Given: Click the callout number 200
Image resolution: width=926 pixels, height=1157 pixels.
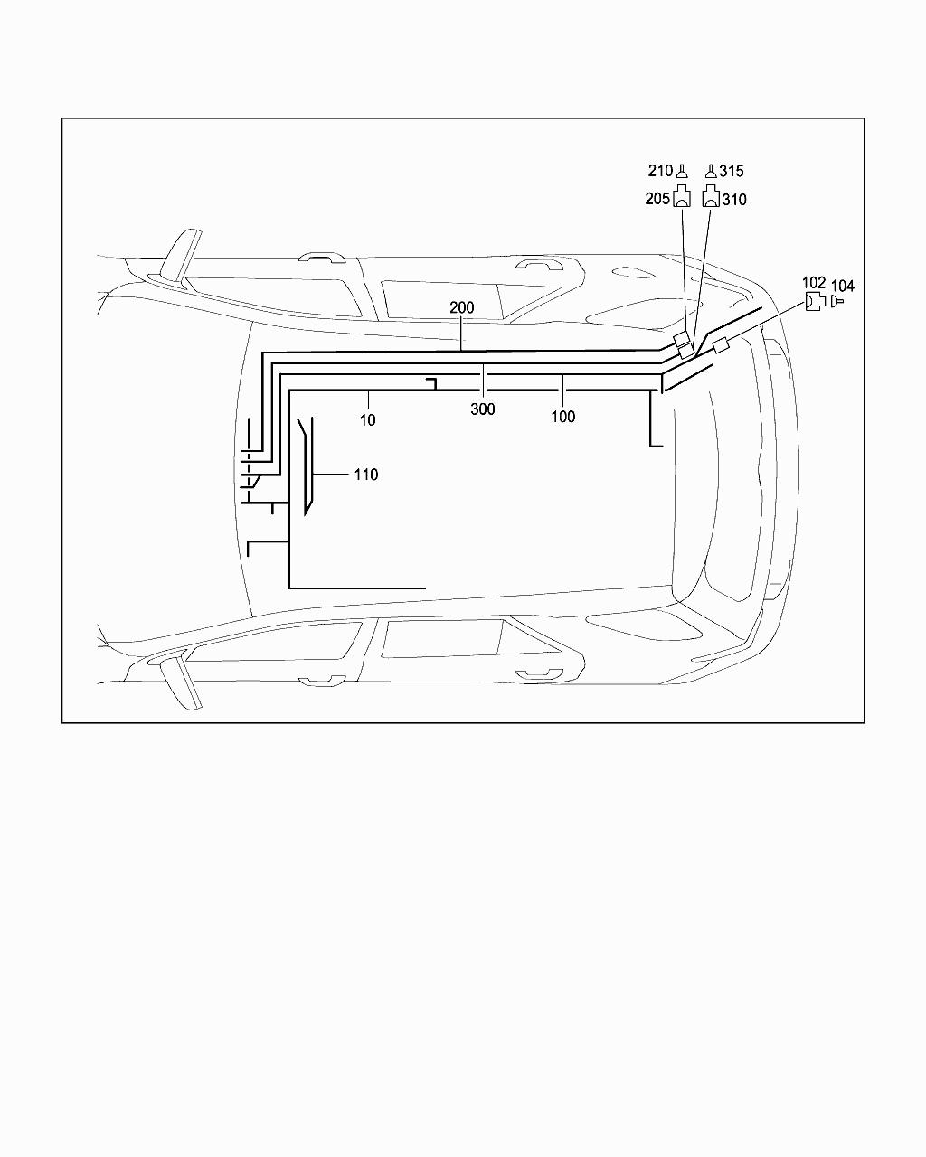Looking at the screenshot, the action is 462,307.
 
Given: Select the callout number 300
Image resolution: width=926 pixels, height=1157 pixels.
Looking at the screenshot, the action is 483,409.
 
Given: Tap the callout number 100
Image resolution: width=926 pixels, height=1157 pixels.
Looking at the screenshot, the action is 562,416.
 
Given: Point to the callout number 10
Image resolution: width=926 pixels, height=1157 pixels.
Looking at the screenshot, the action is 367,420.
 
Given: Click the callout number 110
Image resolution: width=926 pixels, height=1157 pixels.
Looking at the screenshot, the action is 366,475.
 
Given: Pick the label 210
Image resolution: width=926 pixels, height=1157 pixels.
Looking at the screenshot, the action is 660,171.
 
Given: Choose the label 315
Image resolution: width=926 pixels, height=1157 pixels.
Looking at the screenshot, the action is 732,171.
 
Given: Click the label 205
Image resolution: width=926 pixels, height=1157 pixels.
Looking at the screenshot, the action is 657,199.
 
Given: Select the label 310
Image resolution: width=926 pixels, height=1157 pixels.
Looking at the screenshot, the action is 734,200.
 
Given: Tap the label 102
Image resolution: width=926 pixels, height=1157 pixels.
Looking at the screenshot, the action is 814,283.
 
